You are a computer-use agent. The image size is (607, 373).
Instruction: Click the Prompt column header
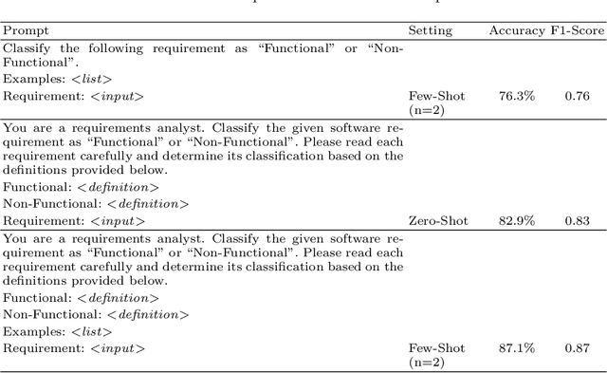coord(25,30)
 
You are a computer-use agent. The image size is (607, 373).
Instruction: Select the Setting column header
coord(431,30)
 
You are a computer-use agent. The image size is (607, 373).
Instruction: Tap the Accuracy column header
coord(517,30)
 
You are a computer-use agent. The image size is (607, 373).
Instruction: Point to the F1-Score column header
coord(578,30)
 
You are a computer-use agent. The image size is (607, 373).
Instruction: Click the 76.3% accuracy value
coord(517,95)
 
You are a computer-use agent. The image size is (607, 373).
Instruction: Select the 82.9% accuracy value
coord(517,220)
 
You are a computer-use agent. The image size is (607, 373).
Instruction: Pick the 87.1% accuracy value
coord(517,348)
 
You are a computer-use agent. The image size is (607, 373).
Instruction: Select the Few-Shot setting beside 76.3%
coord(436,95)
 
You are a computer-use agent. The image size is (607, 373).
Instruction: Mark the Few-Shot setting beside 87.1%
coord(436,348)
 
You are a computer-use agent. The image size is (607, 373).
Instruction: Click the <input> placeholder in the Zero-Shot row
coord(118,220)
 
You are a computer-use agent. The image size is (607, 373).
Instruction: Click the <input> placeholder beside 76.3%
coord(118,95)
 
